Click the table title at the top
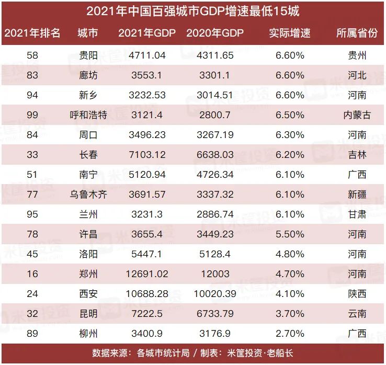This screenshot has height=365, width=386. (193, 11)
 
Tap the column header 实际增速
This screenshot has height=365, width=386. (290, 33)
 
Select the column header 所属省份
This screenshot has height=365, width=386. (357, 33)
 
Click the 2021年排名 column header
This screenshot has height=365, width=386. (32, 33)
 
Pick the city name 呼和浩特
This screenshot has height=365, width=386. (88, 115)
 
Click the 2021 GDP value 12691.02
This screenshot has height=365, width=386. (147, 274)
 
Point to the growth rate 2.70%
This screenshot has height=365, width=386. (290, 334)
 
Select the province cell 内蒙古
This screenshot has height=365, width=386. (357, 115)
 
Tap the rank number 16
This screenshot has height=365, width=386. (32, 274)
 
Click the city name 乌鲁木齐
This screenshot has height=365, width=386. (88, 195)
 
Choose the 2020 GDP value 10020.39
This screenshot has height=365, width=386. (215, 294)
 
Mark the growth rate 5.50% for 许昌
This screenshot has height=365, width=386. (290, 234)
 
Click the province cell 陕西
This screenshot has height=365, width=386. (357, 294)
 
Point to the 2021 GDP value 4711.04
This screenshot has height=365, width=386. (147, 55)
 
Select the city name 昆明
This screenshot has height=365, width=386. (88, 314)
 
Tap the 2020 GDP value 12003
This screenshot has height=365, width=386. (215, 274)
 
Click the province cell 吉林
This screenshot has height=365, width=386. (357, 155)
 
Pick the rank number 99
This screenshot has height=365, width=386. (32, 115)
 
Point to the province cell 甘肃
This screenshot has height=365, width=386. (357, 214)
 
